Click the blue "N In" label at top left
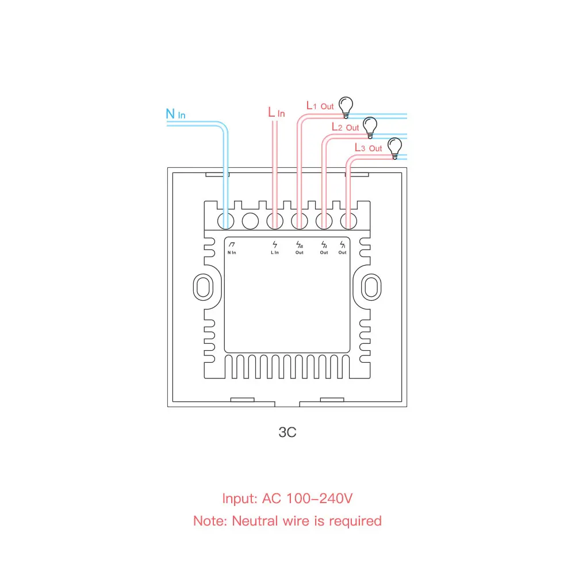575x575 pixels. pyautogui.click(x=175, y=114)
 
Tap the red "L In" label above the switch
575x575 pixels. pyautogui.click(x=276, y=112)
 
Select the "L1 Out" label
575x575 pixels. pyautogui.click(x=320, y=106)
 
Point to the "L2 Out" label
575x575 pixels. pyautogui.click(x=345, y=126)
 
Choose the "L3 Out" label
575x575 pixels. pyautogui.click(x=368, y=148)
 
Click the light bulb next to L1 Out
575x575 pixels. pyautogui.click(x=345, y=105)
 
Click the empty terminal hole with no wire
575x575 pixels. pyautogui.click(x=251, y=220)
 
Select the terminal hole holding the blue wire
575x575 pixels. pyautogui.click(x=225, y=220)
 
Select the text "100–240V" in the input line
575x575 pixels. pyautogui.click(x=323, y=499)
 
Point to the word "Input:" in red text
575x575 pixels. pyautogui.click(x=240, y=499)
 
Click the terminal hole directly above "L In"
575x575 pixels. pyautogui.click(x=275, y=220)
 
